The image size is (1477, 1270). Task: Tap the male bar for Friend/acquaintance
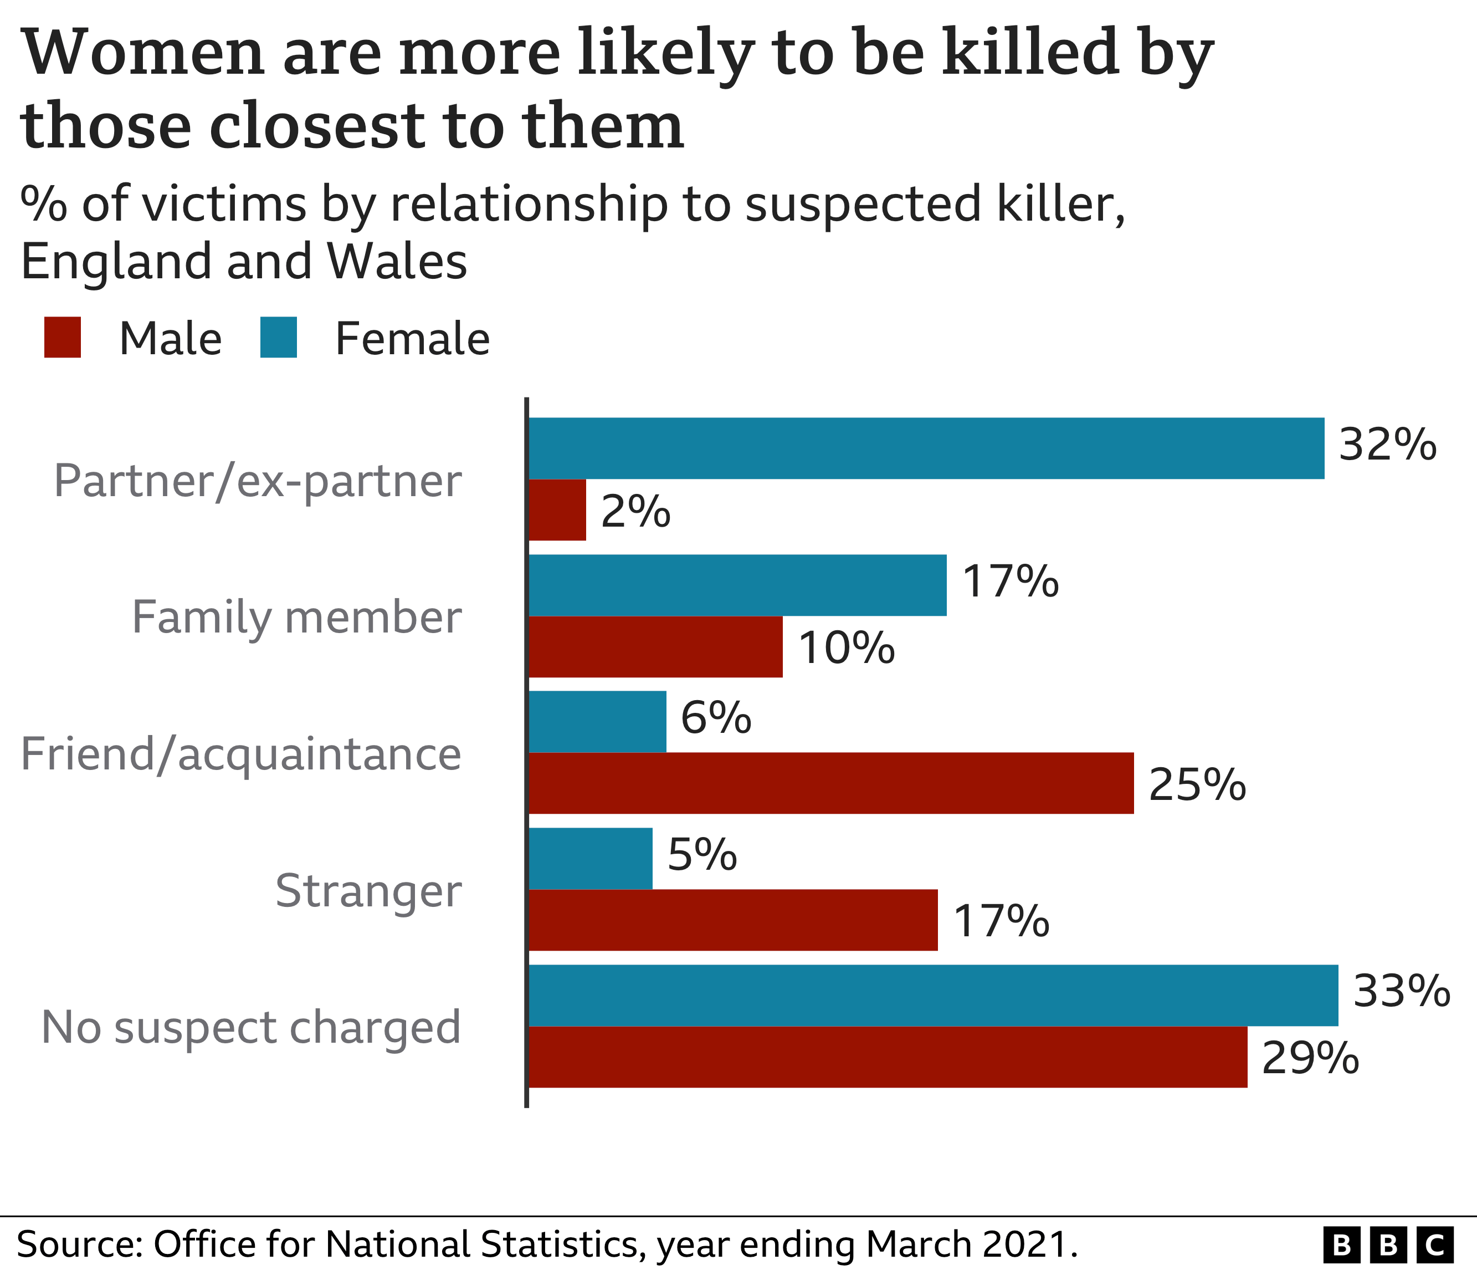[x=830, y=783]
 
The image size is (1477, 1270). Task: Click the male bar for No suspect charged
[x=888, y=1057]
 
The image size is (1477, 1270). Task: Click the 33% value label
[x=1401, y=991]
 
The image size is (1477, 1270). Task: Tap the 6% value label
[x=715, y=717]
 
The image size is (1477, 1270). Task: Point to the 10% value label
[x=845, y=648]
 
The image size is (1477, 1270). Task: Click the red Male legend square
[x=63, y=337]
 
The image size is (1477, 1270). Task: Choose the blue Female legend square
[x=278, y=337]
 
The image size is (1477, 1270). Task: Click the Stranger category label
[x=368, y=891]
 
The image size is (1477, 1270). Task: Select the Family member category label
[x=296, y=617]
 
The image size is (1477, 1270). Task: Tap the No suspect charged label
[x=251, y=1028]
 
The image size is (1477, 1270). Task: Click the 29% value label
[x=1310, y=1058]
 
